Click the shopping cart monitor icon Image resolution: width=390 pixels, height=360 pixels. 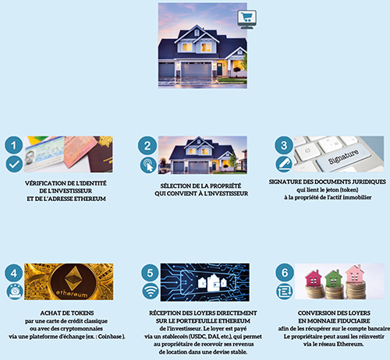pyautogui.click(x=246, y=19)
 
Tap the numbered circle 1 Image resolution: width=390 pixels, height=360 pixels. pyautogui.click(x=14, y=145)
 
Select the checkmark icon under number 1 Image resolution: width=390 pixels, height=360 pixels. pyautogui.click(x=14, y=164)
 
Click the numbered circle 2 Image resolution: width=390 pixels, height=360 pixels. pyautogui.click(x=147, y=146)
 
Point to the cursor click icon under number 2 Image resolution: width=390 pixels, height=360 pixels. pyautogui.click(x=148, y=165)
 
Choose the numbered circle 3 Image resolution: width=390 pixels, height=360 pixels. pyautogui.click(x=284, y=145)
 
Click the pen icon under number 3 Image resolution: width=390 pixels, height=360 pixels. pyautogui.click(x=284, y=164)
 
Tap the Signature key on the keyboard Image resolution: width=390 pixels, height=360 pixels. pyautogui.click(x=343, y=157)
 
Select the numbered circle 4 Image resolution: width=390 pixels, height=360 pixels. pyautogui.click(x=14, y=273)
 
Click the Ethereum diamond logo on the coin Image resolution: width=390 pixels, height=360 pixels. pyautogui.click(x=73, y=278)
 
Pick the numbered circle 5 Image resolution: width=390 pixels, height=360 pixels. pyautogui.click(x=151, y=273)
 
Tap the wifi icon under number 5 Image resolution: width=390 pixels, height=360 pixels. pyautogui.click(x=151, y=291)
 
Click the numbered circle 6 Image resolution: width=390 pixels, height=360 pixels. pyautogui.click(x=285, y=273)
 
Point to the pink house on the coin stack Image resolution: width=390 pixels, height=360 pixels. pyautogui.click(x=355, y=274)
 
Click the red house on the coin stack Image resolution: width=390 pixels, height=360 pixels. pyautogui.click(x=313, y=278)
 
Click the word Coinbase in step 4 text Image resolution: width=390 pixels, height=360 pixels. pyautogui.click(x=110, y=337)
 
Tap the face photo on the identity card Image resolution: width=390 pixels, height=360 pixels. pyautogui.click(x=30, y=157)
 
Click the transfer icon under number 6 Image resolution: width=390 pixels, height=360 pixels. pyautogui.click(x=285, y=291)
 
